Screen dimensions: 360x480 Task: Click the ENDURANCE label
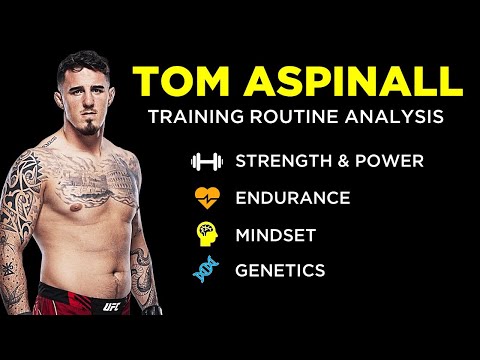(292, 197)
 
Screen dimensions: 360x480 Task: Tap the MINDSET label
(277, 233)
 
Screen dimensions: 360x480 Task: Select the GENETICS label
(280, 269)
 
